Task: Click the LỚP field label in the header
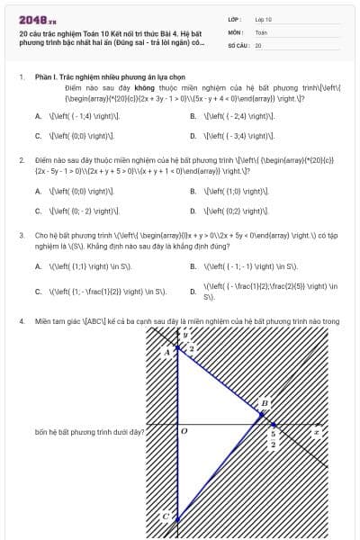coord(234,18)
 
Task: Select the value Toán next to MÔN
coord(261,31)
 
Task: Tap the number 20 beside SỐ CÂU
coord(258,44)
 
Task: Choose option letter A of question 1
coord(38,116)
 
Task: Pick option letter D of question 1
coord(193,135)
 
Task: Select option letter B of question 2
coord(193,191)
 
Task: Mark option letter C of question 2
coord(38,211)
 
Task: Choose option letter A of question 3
coord(38,266)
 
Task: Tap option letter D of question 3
coord(193,291)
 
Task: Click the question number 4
coord(21,320)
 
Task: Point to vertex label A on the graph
coord(166,352)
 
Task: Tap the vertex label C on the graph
coord(166,515)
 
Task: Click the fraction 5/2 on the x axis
coord(274,438)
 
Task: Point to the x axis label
coord(315,433)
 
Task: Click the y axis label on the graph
coord(185,334)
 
